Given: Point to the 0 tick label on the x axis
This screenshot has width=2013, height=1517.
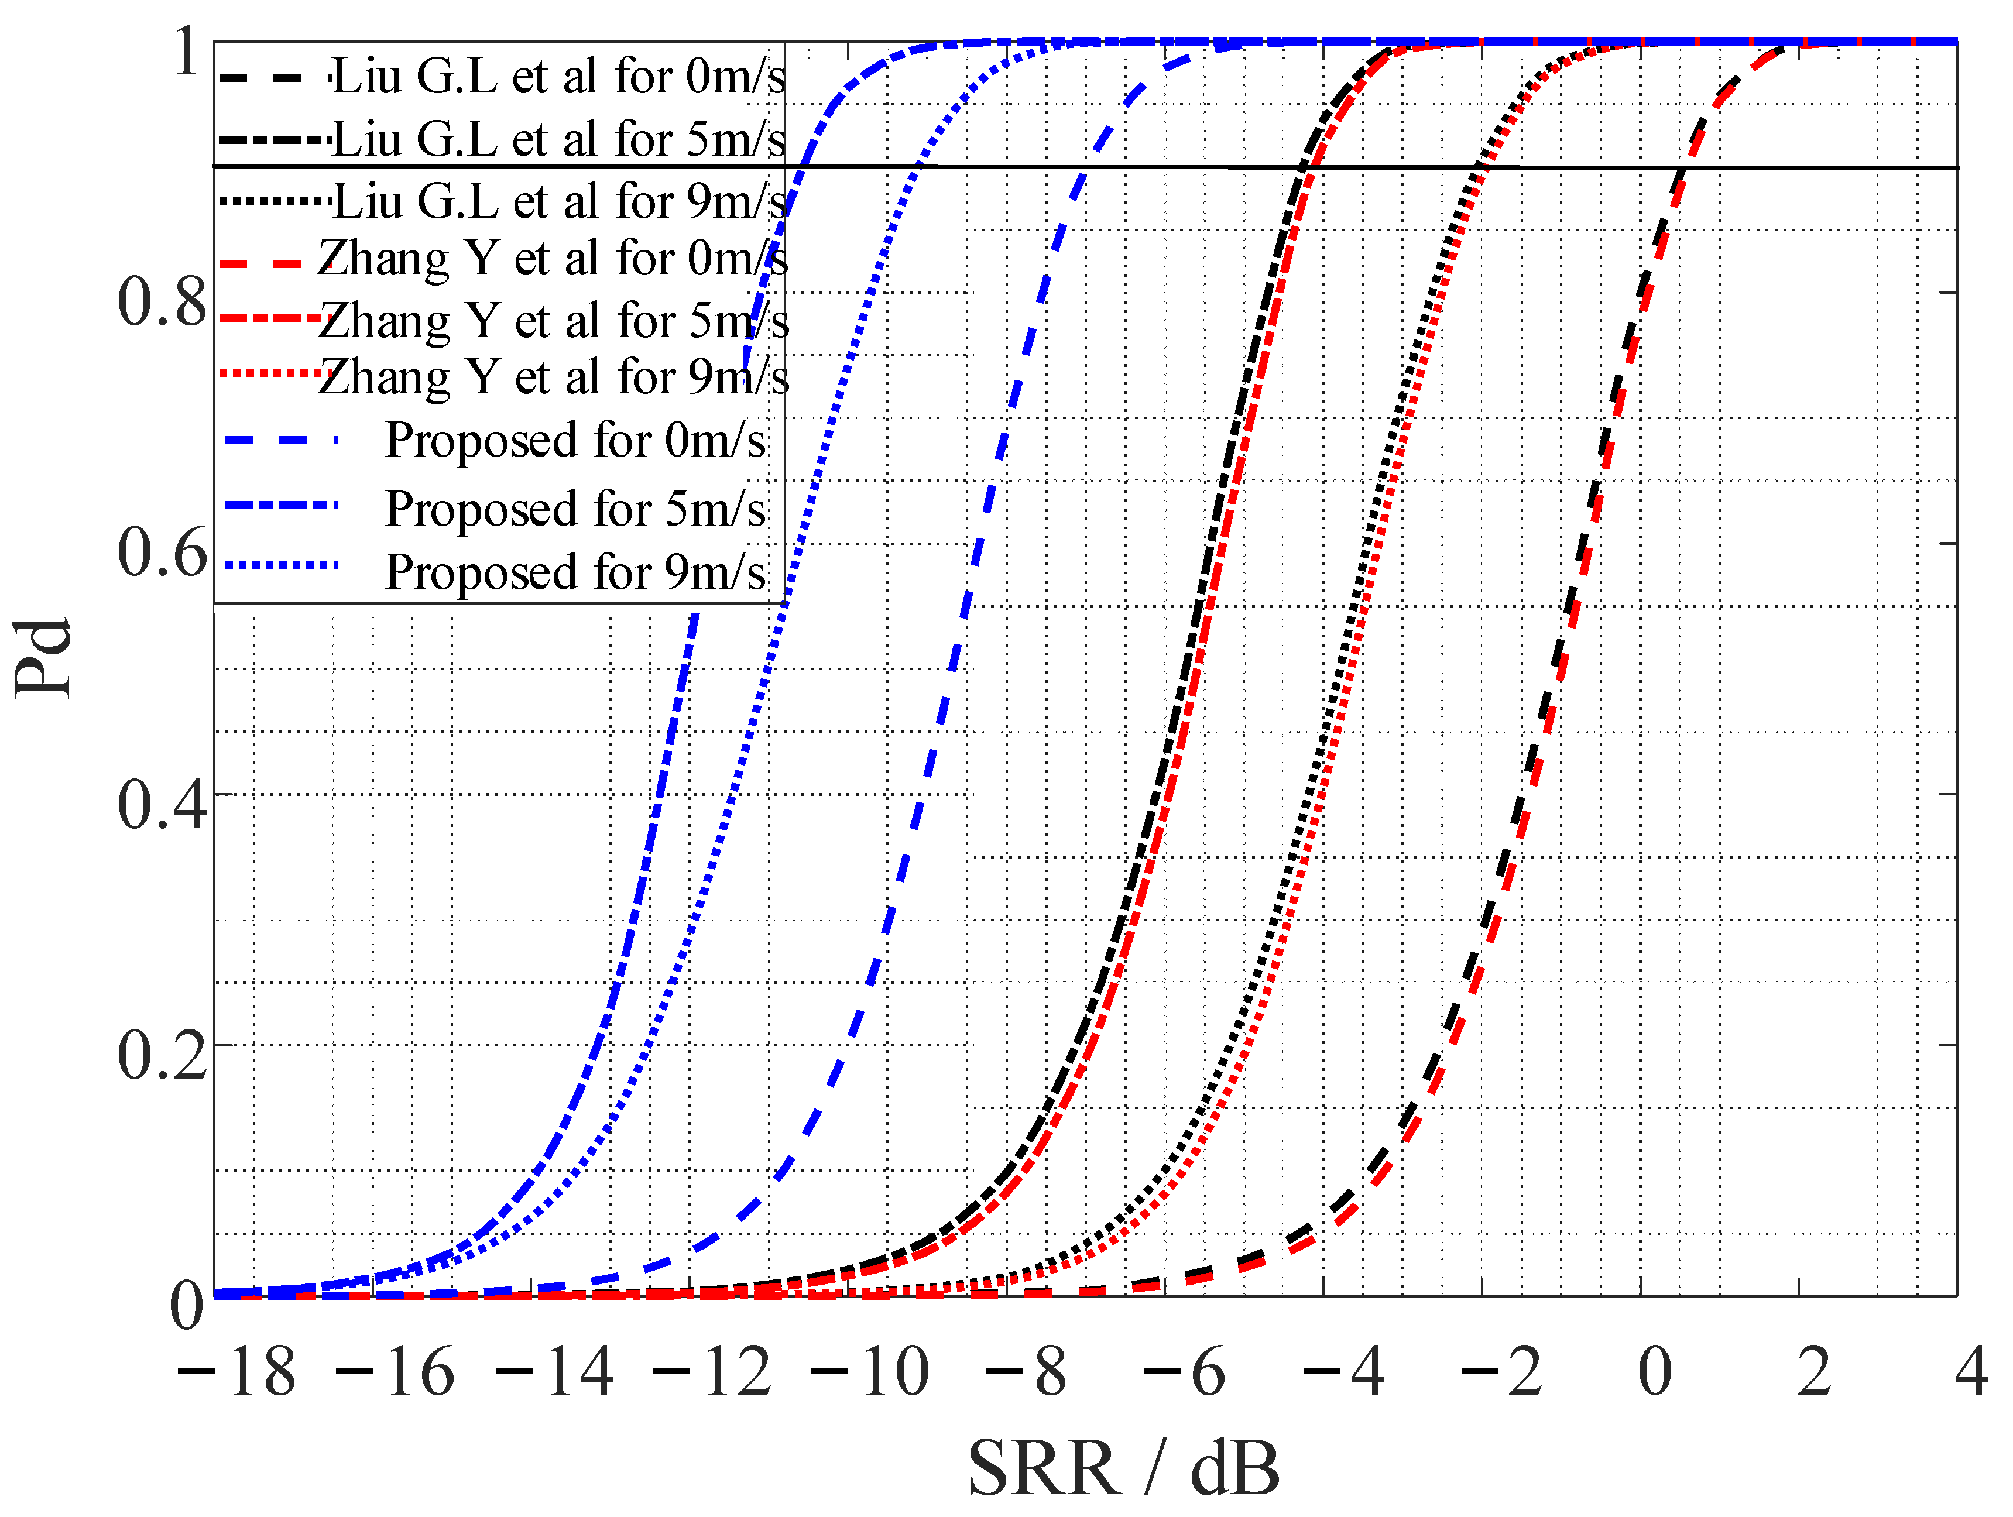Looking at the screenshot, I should [x=1654, y=1371].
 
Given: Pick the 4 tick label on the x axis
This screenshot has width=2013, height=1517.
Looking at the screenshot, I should [x=1971, y=1371].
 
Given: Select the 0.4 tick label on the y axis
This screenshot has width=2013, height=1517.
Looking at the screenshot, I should [x=162, y=805].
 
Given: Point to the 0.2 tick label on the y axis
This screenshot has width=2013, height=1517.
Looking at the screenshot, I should [x=162, y=1056].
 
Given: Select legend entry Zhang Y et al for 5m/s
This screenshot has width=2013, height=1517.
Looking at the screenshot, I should [x=553, y=320].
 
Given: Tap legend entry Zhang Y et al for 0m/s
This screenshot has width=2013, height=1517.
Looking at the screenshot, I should [x=553, y=259].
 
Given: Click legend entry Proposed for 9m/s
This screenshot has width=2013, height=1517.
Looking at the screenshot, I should [x=575, y=571].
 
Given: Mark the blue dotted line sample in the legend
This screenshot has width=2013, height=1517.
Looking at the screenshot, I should [x=282, y=565].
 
